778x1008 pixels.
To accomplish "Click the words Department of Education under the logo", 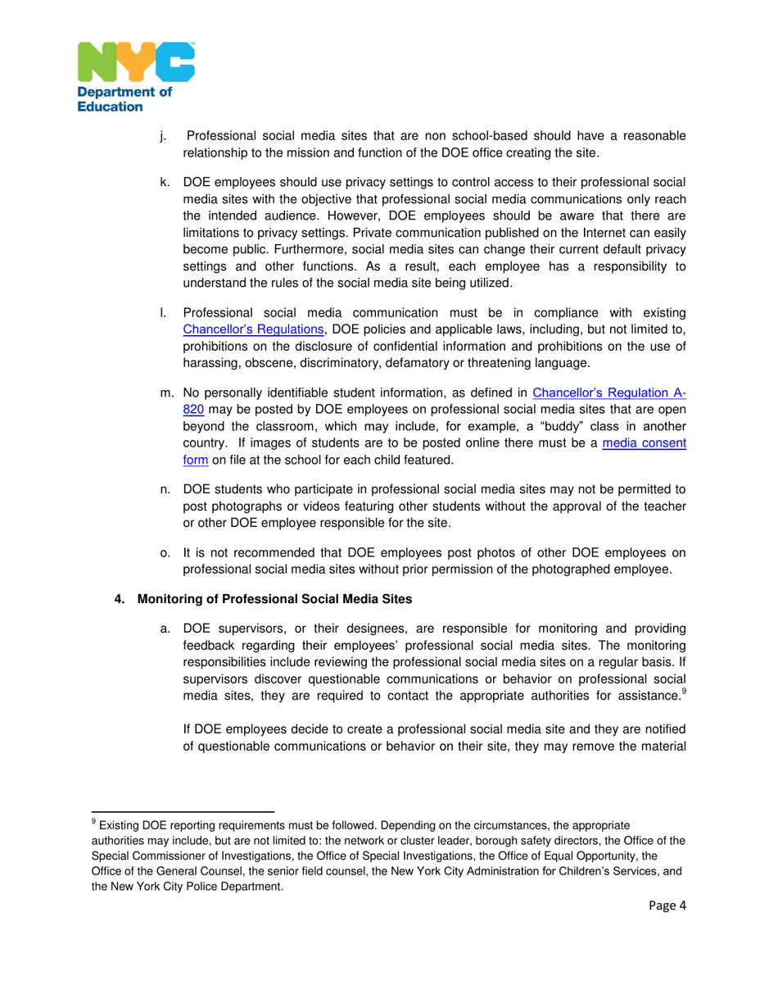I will coord(124,99).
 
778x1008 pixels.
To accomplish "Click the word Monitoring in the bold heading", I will coord(168,599).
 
